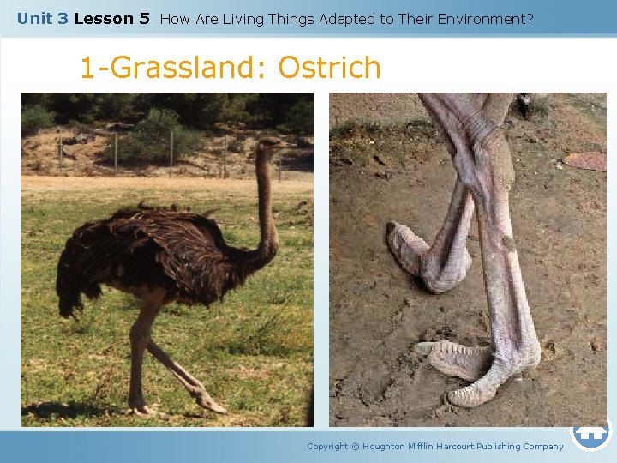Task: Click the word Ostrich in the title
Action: point(330,68)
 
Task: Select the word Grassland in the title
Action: point(182,68)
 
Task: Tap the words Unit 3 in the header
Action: point(42,18)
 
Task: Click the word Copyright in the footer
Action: point(327,446)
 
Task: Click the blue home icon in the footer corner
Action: point(590,434)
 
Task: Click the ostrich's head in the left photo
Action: point(271,145)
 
